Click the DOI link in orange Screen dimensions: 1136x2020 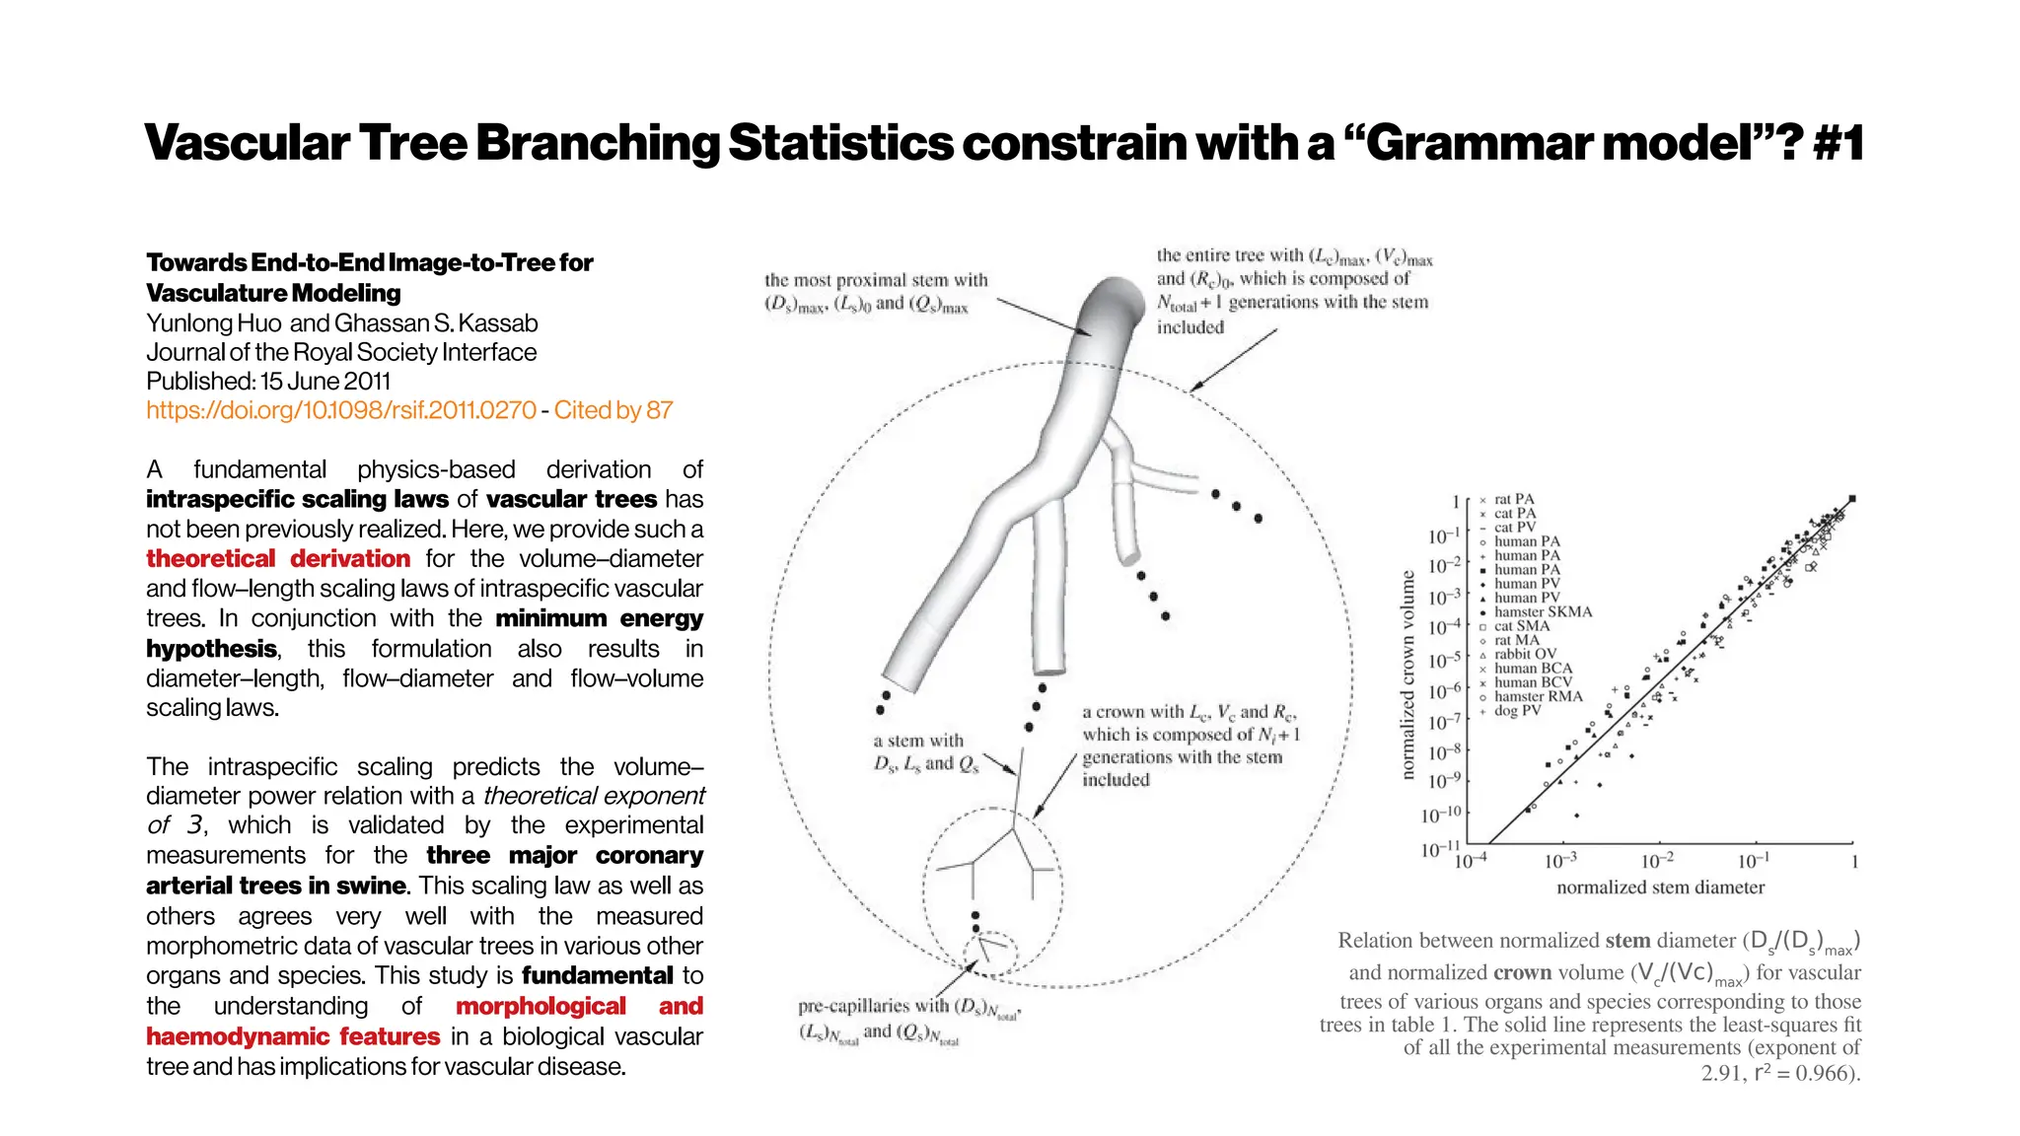click(341, 410)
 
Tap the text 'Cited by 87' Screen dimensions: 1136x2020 click(613, 410)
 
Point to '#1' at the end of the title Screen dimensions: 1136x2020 click(1838, 142)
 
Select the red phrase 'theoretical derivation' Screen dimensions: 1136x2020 click(278, 559)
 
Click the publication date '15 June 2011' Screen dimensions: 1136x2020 click(325, 382)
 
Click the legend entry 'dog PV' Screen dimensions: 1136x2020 click(1516, 710)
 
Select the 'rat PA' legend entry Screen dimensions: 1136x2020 click(1514, 499)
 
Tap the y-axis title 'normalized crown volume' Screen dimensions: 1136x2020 click(1408, 675)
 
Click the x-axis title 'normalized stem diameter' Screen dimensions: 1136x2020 click(1660, 887)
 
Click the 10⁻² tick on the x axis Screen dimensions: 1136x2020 click(1657, 861)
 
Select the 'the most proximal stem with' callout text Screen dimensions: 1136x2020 click(876, 280)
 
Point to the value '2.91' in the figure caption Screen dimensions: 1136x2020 click(1722, 1073)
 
